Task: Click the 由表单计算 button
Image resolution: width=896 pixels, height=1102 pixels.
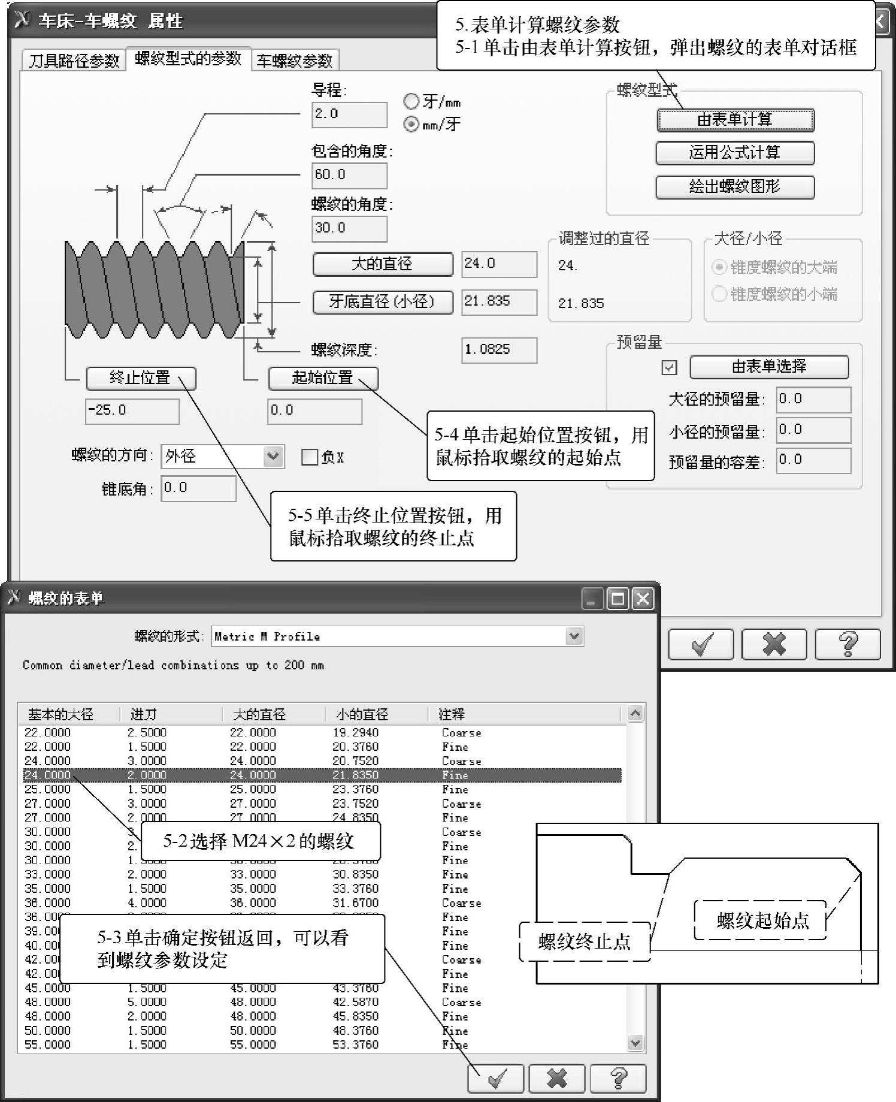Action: coord(735,120)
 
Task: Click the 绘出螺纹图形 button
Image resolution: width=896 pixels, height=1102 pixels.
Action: coord(735,187)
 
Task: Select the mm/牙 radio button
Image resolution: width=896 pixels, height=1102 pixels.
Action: coord(411,124)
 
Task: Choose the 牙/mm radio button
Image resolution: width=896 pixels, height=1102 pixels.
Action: coord(411,101)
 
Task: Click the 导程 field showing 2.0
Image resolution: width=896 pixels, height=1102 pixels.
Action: coord(349,114)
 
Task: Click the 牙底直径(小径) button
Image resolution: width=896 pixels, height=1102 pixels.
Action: coord(382,301)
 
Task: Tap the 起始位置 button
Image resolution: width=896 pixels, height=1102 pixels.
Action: coord(323,378)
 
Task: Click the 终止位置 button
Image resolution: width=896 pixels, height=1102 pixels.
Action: coord(141,378)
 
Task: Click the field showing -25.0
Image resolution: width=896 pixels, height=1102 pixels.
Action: coord(132,411)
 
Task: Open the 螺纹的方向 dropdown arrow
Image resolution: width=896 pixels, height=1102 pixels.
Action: coord(273,457)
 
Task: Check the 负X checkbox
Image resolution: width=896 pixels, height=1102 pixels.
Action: coord(309,457)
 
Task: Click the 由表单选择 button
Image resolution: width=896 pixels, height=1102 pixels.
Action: coord(769,367)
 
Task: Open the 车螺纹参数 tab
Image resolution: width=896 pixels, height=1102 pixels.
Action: coord(295,61)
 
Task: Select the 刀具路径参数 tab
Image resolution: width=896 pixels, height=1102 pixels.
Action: coord(74,61)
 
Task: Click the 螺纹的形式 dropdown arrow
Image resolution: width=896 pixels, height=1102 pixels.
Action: coord(574,636)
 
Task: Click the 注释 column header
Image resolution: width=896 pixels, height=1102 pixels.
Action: coord(452,714)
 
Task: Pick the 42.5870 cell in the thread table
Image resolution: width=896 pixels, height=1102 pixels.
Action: coord(356,1002)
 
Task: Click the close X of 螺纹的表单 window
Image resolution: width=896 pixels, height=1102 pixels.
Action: coord(643,599)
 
